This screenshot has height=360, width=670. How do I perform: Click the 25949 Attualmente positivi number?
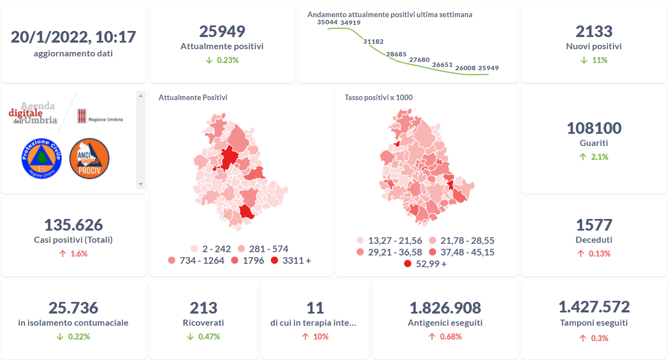coord(222,32)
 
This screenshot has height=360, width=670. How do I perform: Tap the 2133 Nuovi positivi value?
coord(594,32)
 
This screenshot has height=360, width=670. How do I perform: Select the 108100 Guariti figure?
coord(594,128)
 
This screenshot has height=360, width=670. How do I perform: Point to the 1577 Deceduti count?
coord(594,225)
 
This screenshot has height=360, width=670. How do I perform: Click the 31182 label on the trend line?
coord(373,41)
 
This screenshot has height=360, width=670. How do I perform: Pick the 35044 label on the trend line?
coord(328,22)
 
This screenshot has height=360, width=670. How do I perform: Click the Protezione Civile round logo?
coord(41,159)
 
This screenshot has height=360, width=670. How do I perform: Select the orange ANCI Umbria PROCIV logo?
coord(90,158)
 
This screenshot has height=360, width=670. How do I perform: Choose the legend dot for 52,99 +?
coord(408,264)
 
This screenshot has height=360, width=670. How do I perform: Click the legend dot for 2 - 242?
coord(194,249)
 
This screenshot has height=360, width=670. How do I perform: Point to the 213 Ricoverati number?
coord(203,307)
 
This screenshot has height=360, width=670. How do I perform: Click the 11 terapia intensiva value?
coord(315,307)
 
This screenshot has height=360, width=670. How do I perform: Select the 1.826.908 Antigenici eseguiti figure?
coord(445,308)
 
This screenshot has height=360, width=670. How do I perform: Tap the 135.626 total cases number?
coord(73,225)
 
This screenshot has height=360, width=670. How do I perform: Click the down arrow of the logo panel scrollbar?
coord(140,184)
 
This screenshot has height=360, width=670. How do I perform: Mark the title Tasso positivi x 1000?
coord(378,97)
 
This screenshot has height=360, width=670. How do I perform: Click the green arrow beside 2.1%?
coord(583,157)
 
